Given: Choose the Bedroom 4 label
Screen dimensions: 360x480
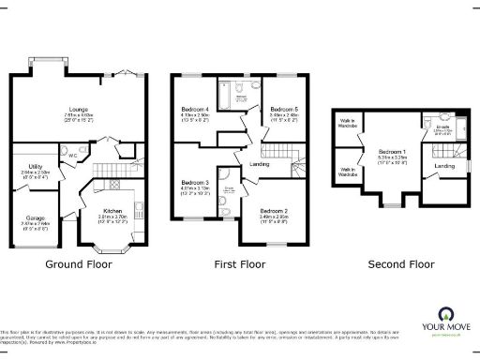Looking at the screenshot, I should [x=194, y=110].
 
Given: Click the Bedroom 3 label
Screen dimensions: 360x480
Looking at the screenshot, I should [x=194, y=181].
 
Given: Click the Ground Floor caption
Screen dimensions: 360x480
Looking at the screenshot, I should [x=79, y=264].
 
